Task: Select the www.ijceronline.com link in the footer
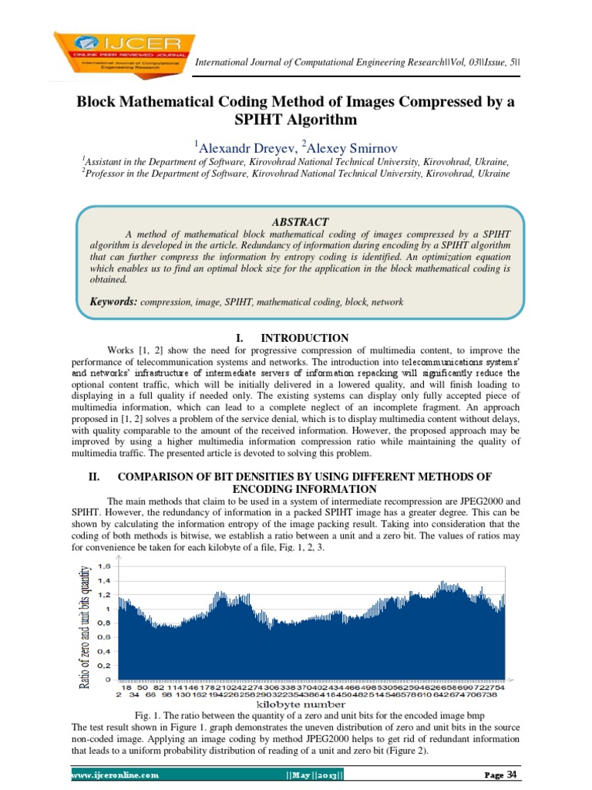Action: tap(115, 775)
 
